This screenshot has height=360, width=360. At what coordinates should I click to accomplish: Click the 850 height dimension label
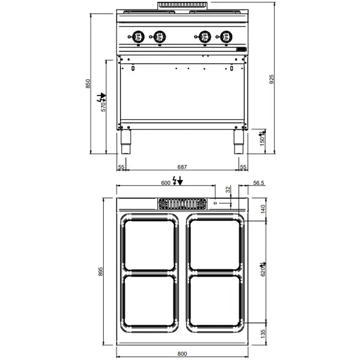click(88, 84)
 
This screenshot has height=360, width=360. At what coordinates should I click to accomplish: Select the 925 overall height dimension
click(272, 84)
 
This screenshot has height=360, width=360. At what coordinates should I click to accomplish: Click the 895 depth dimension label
click(101, 272)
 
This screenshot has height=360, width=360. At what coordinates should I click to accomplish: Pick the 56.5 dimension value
click(259, 184)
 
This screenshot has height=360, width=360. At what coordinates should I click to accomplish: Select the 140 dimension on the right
click(262, 209)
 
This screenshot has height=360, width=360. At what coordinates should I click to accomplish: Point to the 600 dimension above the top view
click(166, 183)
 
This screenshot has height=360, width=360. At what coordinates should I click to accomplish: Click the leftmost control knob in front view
click(138, 37)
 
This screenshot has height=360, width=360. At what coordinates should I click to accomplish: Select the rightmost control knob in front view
click(225, 37)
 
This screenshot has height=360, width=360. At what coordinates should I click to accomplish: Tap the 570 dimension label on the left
click(103, 106)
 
